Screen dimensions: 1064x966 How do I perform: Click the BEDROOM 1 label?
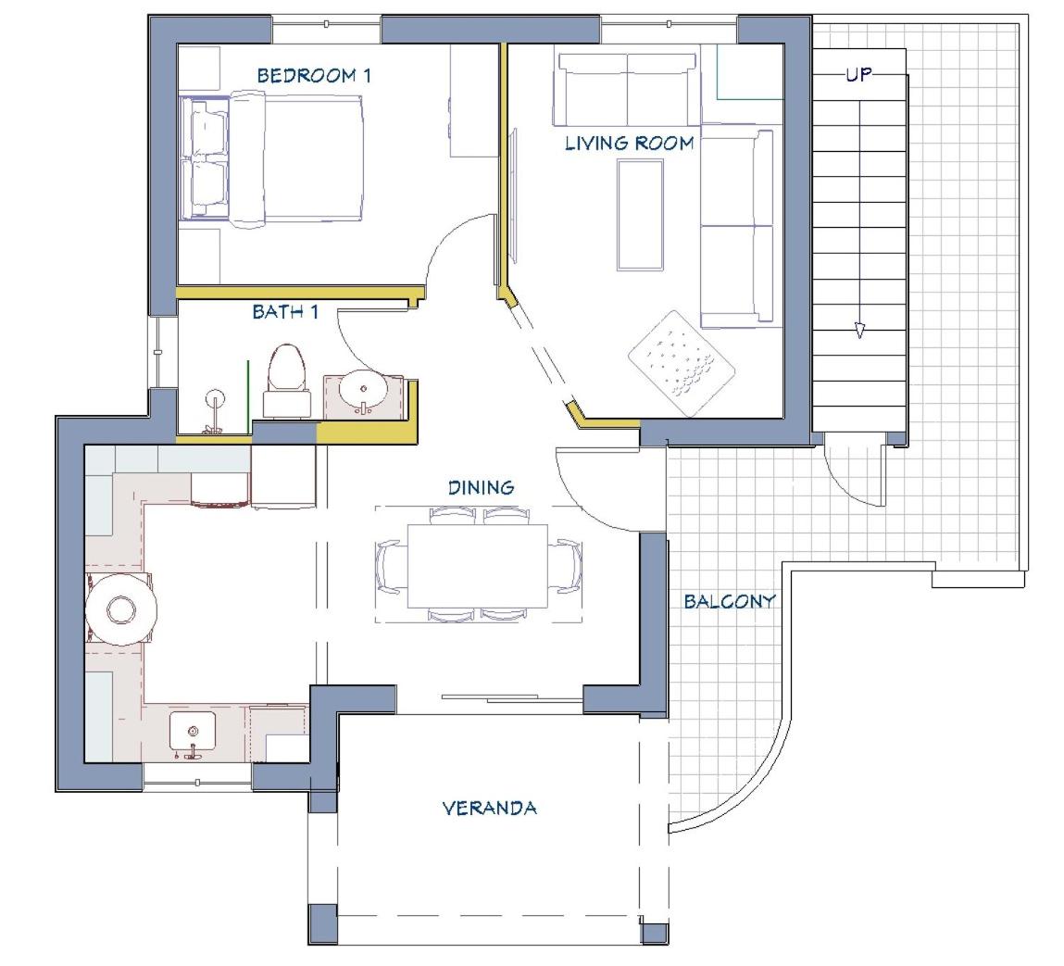[x=314, y=75]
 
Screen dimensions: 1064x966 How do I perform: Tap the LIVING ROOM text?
[x=630, y=144]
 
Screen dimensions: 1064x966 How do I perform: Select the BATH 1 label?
[x=285, y=311]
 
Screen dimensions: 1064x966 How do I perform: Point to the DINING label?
[x=482, y=487]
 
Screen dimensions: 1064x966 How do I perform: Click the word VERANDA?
[x=489, y=808]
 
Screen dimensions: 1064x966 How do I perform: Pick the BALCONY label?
[x=730, y=601]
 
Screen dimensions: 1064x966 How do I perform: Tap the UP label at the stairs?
[x=858, y=74]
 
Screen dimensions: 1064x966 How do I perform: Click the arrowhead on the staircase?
[x=859, y=330]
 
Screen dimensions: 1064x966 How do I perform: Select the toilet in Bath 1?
[x=286, y=381]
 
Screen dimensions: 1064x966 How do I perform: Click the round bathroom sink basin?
[x=364, y=390]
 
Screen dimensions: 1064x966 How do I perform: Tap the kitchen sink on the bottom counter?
[x=193, y=732]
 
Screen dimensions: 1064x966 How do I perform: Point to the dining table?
[x=478, y=566]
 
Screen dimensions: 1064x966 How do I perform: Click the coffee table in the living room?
[x=640, y=215]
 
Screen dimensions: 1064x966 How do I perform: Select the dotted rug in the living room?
[x=682, y=363]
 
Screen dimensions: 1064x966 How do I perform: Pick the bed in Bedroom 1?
[x=271, y=159]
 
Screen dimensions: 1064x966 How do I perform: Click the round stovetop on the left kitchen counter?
[x=120, y=608]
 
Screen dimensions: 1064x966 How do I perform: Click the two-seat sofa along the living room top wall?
[x=626, y=89]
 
